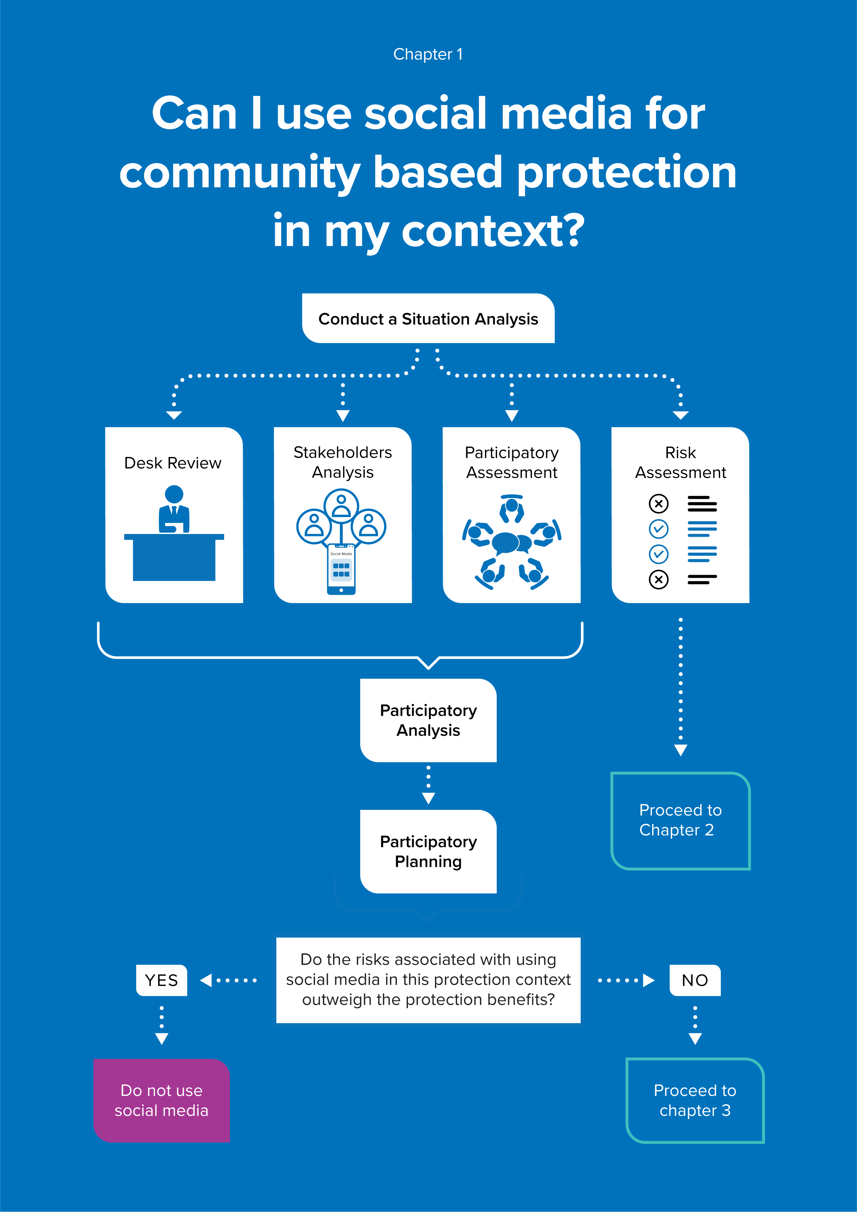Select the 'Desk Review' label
coord(173,463)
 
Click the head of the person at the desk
coord(174,495)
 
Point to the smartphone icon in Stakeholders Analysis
coord(341,569)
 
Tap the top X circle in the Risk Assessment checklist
coord(658,504)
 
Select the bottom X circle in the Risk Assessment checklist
coord(658,580)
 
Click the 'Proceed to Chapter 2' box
coord(680,820)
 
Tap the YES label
coord(162,980)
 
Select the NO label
coord(695,980)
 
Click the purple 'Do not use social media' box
coord(162,1100)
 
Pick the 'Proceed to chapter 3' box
coord(695,1100)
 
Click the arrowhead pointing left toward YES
coord(206,980)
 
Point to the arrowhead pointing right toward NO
coord(649,980)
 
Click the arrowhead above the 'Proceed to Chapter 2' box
coord(680,750)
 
